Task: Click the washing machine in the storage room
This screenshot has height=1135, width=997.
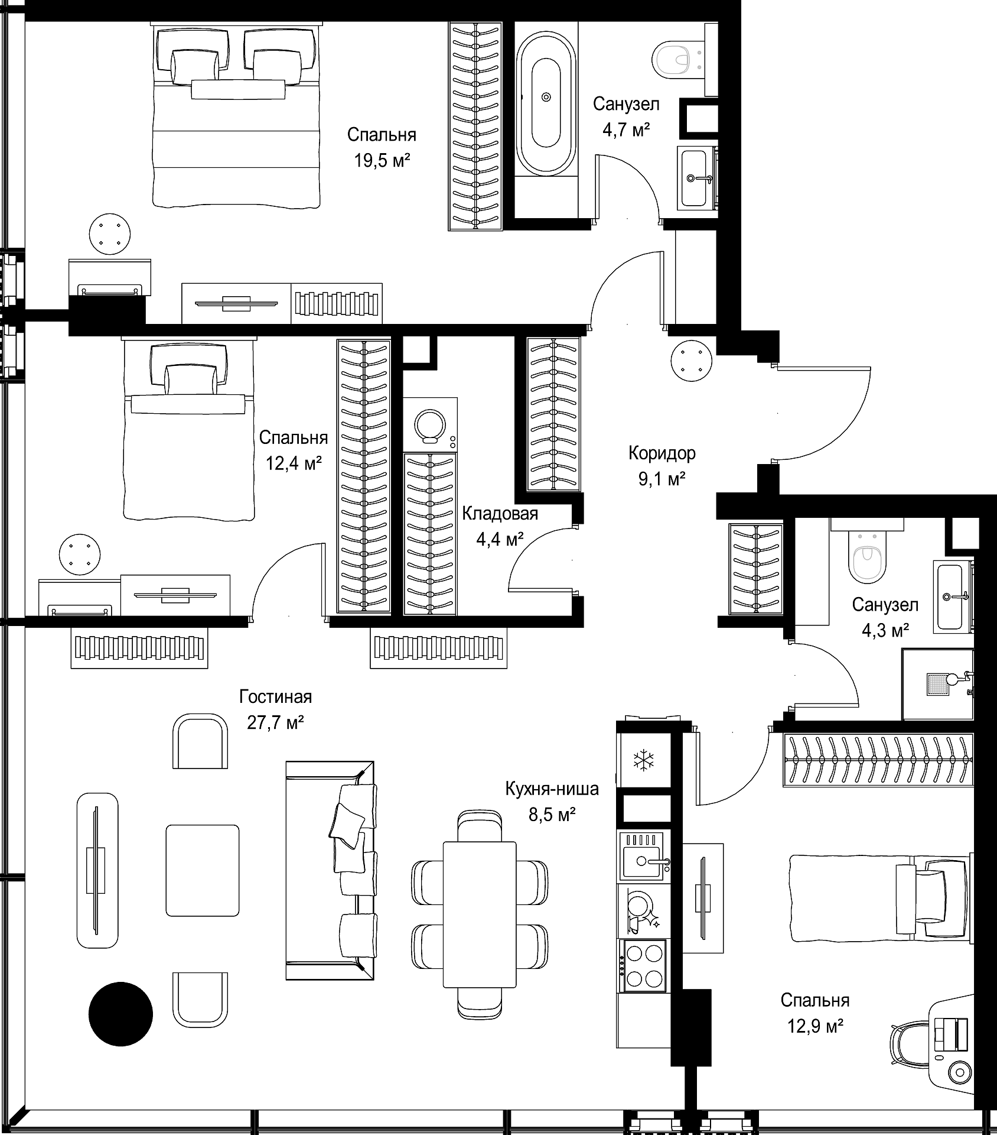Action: click(x=430, y=424)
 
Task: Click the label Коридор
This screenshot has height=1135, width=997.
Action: click(x=662, y=453)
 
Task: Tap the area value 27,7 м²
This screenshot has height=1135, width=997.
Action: click(x=275, y=722)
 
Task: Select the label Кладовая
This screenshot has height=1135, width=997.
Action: click(x=500, y=514)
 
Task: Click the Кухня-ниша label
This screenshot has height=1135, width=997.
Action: click(x=552, y=789)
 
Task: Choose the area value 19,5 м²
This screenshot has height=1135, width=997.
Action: click(x=382, y=160)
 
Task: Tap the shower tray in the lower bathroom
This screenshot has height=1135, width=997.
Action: click(x=937, y=684)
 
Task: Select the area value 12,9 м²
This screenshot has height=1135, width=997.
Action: click(x=815, y=1026)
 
